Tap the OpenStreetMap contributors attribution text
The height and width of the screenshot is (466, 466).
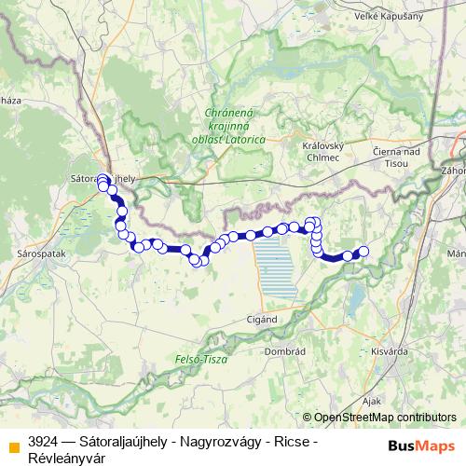click(x=385, y=418)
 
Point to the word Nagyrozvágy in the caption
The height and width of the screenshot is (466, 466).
click(x=210, y=440)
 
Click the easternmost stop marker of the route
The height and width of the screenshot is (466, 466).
click(x=363, y=251)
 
